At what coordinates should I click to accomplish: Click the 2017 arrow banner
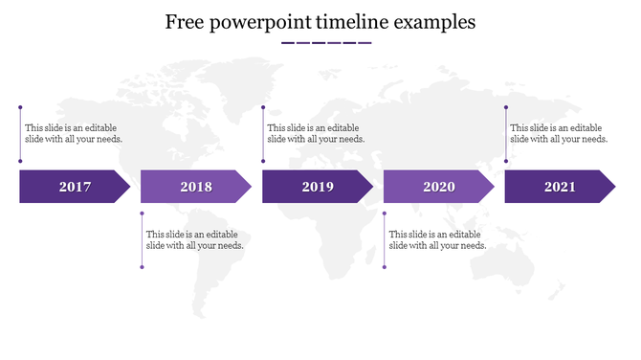click(75, 187)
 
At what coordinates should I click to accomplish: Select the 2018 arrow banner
click(196, 187)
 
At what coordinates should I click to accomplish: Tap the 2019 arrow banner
click(318, 187)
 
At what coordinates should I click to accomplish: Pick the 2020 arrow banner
click(439, 187)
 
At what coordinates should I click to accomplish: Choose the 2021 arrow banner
click(560, 187)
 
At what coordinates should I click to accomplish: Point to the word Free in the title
click(186, 22)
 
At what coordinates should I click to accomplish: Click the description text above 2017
click(74, 133)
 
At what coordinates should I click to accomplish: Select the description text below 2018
click(194, 239)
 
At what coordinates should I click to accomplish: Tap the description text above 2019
click(316, 133)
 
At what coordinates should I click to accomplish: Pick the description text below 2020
click(437, 239)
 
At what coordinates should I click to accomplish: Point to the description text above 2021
click(559, 133)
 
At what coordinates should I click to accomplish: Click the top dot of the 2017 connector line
click(21, 108)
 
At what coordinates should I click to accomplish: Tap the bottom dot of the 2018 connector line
click(143, 266)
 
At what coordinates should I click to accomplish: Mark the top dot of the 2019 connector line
click(263, 108)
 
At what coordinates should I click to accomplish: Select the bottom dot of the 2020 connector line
click(385, 266)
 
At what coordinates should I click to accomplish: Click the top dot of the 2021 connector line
click(506, 108)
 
